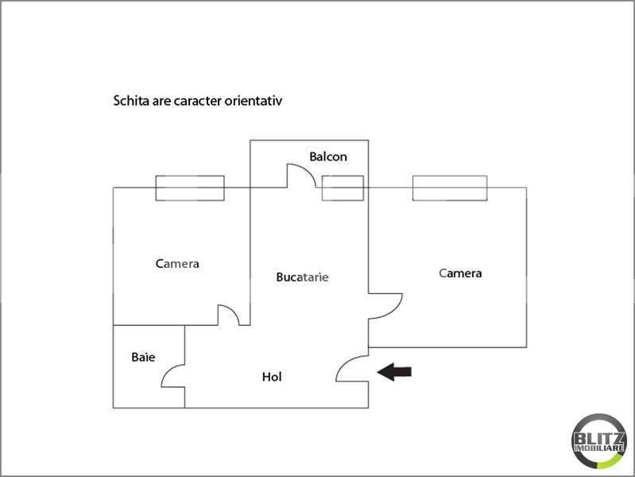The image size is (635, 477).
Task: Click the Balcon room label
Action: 328,157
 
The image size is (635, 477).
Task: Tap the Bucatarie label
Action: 302,277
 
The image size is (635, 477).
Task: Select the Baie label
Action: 143,357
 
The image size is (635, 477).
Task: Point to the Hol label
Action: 272,377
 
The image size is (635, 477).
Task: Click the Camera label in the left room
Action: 177,264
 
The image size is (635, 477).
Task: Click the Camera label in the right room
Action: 460,273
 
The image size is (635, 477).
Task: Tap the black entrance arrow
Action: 394,372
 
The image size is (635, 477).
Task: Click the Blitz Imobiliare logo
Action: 599,441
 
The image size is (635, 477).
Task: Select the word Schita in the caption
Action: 131,101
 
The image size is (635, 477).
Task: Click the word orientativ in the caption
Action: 254,101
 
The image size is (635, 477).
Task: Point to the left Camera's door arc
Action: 233,310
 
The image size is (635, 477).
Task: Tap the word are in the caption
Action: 161,101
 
